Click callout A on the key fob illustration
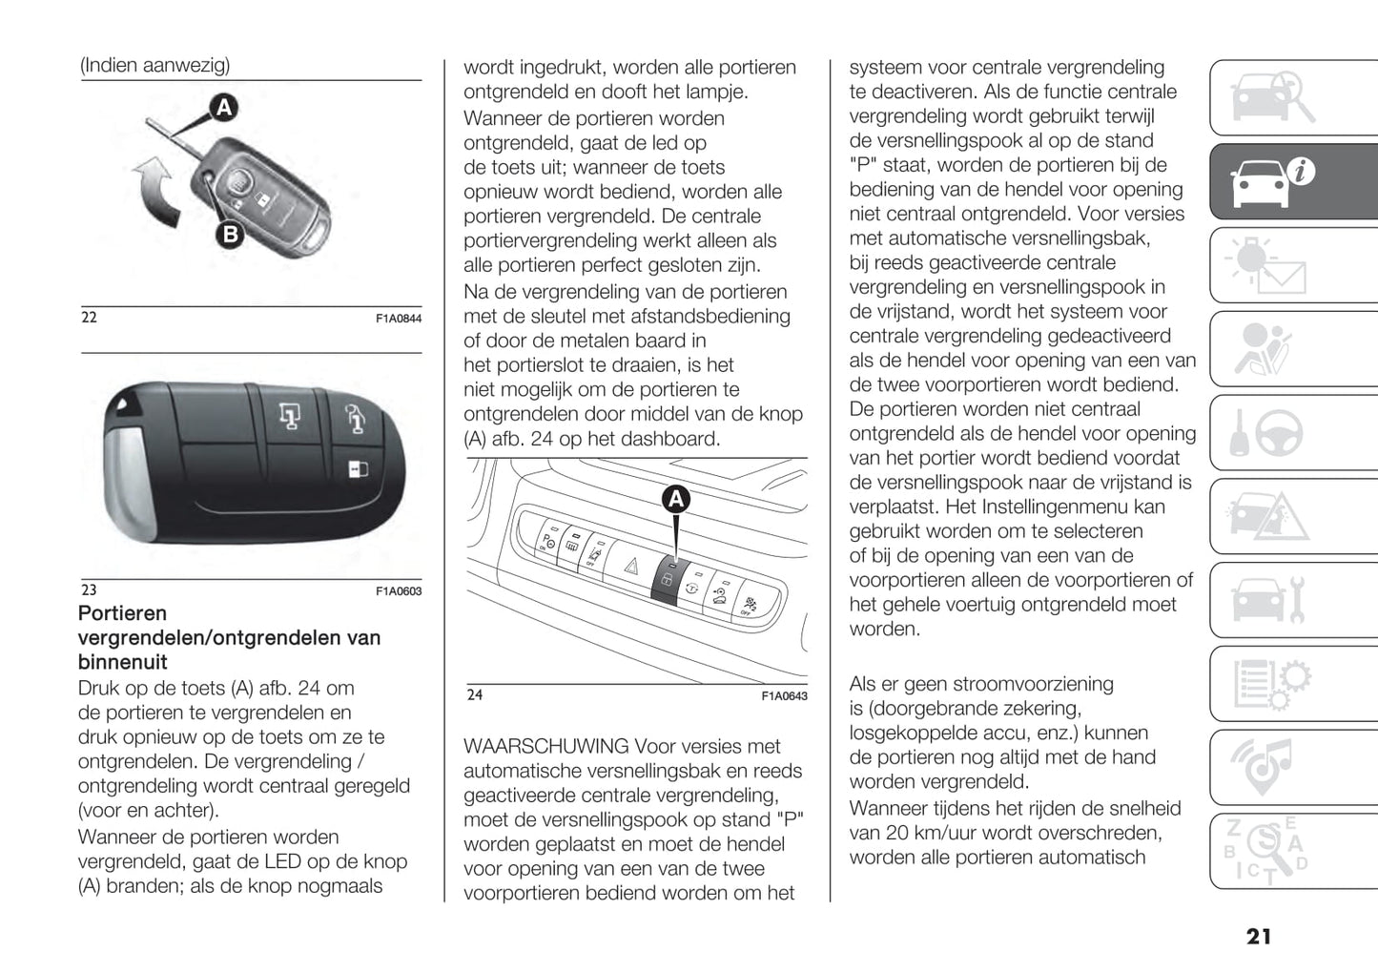pyautogui.click(x=223, y=107)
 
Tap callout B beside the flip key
pyautogui.click(x=230, y=234)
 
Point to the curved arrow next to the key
pyautogui.click(x=156, y=192)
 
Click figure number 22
pyautogui.click(x=89, y=318)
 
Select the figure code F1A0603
pyautogui.click(x=398, y=591)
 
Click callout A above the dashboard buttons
pyautogui.click(x=675, y=498)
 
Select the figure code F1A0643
pyautogui.click(x=784, y=696)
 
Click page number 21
pyautogui.click(x=1258, y=937)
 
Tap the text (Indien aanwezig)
pyautogui.click(x=154, y=65)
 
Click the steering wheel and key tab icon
pyautogui.click(x=1268, y=434)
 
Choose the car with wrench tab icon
pyautogui.click(x=1268, y=600)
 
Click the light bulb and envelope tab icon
pyautogui.click(x=1268, y=265)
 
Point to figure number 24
pyautogui.click(x=475, y=695)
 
